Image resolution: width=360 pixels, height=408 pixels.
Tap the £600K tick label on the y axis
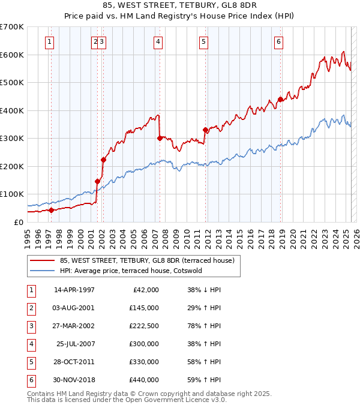click(13, 55)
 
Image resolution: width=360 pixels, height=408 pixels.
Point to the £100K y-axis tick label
click(13, 194)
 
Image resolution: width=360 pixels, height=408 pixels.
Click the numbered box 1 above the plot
click(49, 42)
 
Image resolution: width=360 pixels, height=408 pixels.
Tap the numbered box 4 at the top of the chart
click(157, 42)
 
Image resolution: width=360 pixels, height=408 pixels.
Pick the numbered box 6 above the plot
click(279, 42)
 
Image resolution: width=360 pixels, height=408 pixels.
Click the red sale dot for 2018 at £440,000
click(280, 100)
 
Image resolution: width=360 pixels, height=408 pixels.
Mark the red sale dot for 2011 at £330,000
click(205, 130)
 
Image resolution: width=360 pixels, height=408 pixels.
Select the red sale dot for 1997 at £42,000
click(51, 210)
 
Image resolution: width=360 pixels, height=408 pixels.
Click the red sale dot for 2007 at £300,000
click(160, 138)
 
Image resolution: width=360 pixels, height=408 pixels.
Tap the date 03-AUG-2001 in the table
click(74, 308)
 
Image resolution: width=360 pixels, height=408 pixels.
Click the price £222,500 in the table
click(144, 326)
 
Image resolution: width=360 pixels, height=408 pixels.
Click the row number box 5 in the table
click(29, 362)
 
